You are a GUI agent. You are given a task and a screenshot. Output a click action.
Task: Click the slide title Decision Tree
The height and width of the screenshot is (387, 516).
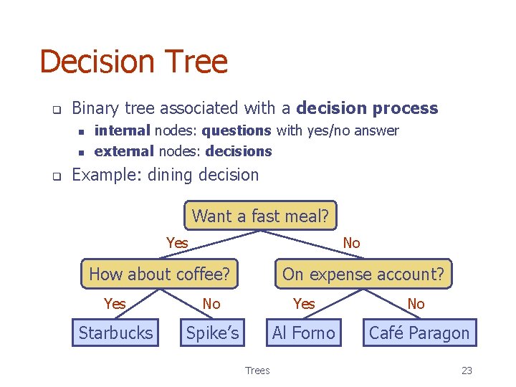pyautogui.click(x=133, y=62)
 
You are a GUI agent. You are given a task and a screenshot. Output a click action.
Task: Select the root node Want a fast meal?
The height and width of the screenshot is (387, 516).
pyautogui.click(x=260, y=216)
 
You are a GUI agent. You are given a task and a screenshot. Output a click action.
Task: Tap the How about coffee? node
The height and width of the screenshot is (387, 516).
pyautogui.click(x=159, y=274)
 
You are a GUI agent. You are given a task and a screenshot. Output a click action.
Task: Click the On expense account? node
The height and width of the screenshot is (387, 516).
pyautogui.click(x=363, y=274)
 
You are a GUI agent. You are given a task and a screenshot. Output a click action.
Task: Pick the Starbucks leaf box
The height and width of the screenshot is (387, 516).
pyautogui.click(x=115, y=333)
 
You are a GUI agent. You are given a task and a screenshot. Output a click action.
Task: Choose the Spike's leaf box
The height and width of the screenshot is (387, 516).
pyautogui.click(x=213, y=333)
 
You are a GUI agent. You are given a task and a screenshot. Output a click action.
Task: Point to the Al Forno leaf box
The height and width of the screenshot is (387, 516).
pyautogui.click(x=304, y=333)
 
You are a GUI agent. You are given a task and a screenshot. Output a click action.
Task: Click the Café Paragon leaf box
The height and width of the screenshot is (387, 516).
pyautogui.click(x=419, y=333)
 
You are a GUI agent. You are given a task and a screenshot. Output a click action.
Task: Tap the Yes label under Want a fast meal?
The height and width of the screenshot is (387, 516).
pyautogui.click(x=177, y=243)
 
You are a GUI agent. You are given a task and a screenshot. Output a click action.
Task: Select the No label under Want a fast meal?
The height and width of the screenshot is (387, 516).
pyautogui.click(x=351, y=243)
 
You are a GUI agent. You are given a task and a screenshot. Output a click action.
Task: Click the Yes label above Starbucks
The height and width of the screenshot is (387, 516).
pyautogui.click(x=115, y=304)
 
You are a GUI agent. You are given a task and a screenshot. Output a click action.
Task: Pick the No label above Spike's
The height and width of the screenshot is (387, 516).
pyautogui.click(x=211, y=304)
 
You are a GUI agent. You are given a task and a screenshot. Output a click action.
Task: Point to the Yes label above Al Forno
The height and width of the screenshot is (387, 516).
pyautogui.click(x=304, y=304)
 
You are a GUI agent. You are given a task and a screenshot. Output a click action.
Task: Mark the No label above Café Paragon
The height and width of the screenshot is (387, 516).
pyautogui.click(x=416, y=304)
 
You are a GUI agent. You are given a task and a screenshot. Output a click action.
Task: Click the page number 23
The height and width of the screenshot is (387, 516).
pyautogui.click(x=467, y=371)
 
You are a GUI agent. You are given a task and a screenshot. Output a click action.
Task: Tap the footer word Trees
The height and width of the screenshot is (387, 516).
pyautogui.click(x=257, y=371)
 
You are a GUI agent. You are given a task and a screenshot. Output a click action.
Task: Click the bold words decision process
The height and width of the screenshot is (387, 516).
pyautogui.click(x=367, y=109)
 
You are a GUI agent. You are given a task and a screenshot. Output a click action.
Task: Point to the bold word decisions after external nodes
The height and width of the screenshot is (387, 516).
pyautogui.click(x=239, y=151)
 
